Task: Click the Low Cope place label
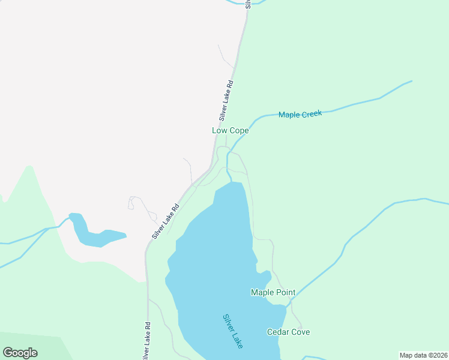tap(230, 130)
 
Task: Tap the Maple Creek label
tap(300, 114)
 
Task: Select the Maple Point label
tap(273, 292)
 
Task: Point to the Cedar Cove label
tap(288, 332)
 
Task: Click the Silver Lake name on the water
tap(233, 331)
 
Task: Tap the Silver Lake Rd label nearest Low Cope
tap(226, 99)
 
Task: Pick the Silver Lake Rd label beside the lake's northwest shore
tap(166, 222)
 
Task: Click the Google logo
tap(20, 353)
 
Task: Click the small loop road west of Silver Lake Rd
tap(132, 202)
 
